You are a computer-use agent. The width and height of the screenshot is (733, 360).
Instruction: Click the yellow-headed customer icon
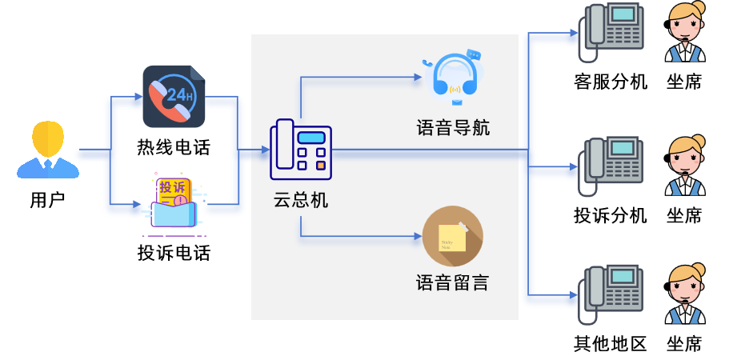click(48, 150)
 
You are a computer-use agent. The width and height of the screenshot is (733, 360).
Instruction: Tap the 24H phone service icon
click(174, 97)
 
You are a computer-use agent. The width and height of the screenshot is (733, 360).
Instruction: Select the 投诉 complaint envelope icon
click(174, 204)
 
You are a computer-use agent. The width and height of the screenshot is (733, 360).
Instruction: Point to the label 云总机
click(301, 200)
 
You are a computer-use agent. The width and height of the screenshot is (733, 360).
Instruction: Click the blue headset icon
click(455, 78)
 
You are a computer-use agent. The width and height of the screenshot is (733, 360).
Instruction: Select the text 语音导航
click(453, 127)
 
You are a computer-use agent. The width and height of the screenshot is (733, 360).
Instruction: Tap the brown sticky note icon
click(453, 236)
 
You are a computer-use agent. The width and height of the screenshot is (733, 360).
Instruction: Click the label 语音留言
click(453, 282)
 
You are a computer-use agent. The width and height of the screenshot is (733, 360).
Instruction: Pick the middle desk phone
click(613, 160)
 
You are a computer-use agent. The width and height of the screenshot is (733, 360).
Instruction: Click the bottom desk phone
click(613, 289)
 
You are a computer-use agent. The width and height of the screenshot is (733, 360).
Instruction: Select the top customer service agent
click(685, 32)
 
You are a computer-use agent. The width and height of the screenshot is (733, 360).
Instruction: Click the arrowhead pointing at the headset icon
click(418, 78)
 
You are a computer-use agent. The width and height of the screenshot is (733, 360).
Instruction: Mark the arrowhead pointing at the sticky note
click(418, 237)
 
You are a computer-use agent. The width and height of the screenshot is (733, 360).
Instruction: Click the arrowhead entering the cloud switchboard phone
click(265, 150)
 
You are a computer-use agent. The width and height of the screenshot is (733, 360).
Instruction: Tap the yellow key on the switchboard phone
click(320, 166)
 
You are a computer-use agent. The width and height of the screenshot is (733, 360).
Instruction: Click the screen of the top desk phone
click(623, 14)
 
